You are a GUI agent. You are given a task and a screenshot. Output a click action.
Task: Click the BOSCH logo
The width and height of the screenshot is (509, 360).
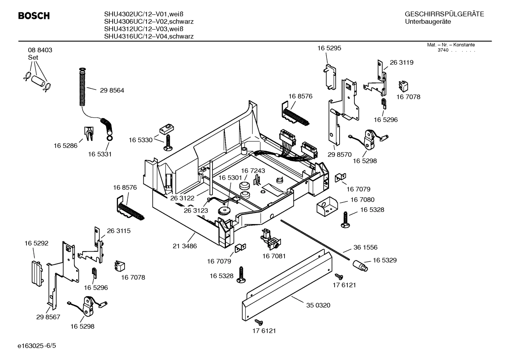34,16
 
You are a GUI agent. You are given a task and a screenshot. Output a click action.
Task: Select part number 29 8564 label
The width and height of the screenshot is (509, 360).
112,90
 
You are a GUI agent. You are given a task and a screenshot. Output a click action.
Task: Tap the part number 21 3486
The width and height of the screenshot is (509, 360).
185,246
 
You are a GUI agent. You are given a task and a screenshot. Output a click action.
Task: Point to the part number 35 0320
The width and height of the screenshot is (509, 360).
318,305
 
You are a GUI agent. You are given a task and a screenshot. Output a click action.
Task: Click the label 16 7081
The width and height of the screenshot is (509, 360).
274,256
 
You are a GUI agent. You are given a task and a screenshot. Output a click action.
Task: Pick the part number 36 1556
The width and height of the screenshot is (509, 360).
365,247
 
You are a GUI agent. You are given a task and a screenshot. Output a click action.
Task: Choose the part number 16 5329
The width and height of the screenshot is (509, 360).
384,260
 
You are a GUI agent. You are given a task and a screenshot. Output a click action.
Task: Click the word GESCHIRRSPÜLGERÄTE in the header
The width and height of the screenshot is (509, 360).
444,14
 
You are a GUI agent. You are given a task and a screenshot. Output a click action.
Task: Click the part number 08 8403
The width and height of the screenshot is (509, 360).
40,50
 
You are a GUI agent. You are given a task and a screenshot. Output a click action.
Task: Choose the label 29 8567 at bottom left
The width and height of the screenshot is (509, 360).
48,317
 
